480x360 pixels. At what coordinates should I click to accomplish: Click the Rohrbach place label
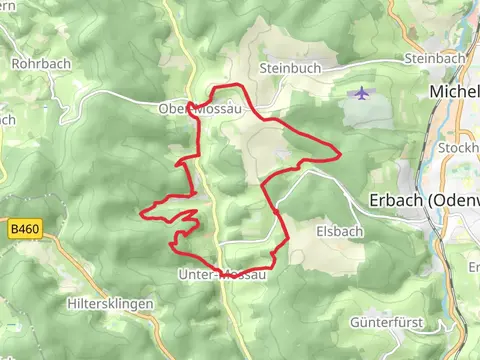38,63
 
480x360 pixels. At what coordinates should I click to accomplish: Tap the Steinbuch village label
287,68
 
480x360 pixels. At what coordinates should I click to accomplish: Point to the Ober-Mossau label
198,108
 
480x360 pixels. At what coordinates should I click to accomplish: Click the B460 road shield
24,229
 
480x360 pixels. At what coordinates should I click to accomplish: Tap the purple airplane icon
360,94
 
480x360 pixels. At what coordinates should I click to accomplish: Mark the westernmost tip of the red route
142,212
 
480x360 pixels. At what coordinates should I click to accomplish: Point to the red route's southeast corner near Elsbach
288,240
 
